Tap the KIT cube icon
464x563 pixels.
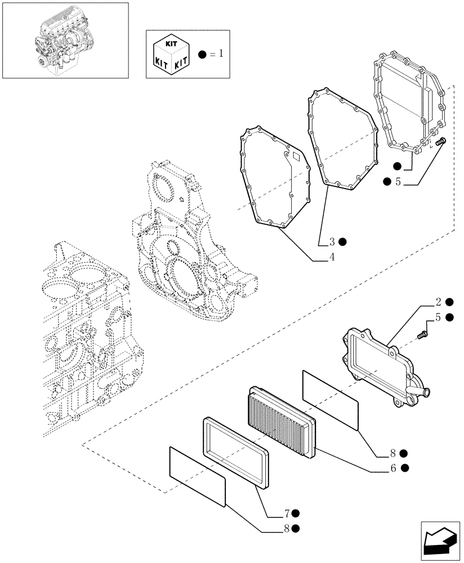point(172,54)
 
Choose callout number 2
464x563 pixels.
point(438,302)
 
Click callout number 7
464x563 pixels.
point(287,513)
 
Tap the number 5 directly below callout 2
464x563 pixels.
point(438,318)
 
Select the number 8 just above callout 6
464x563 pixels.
point(394,453)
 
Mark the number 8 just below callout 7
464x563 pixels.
point(287,528)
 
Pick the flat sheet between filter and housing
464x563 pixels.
point(330,400)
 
